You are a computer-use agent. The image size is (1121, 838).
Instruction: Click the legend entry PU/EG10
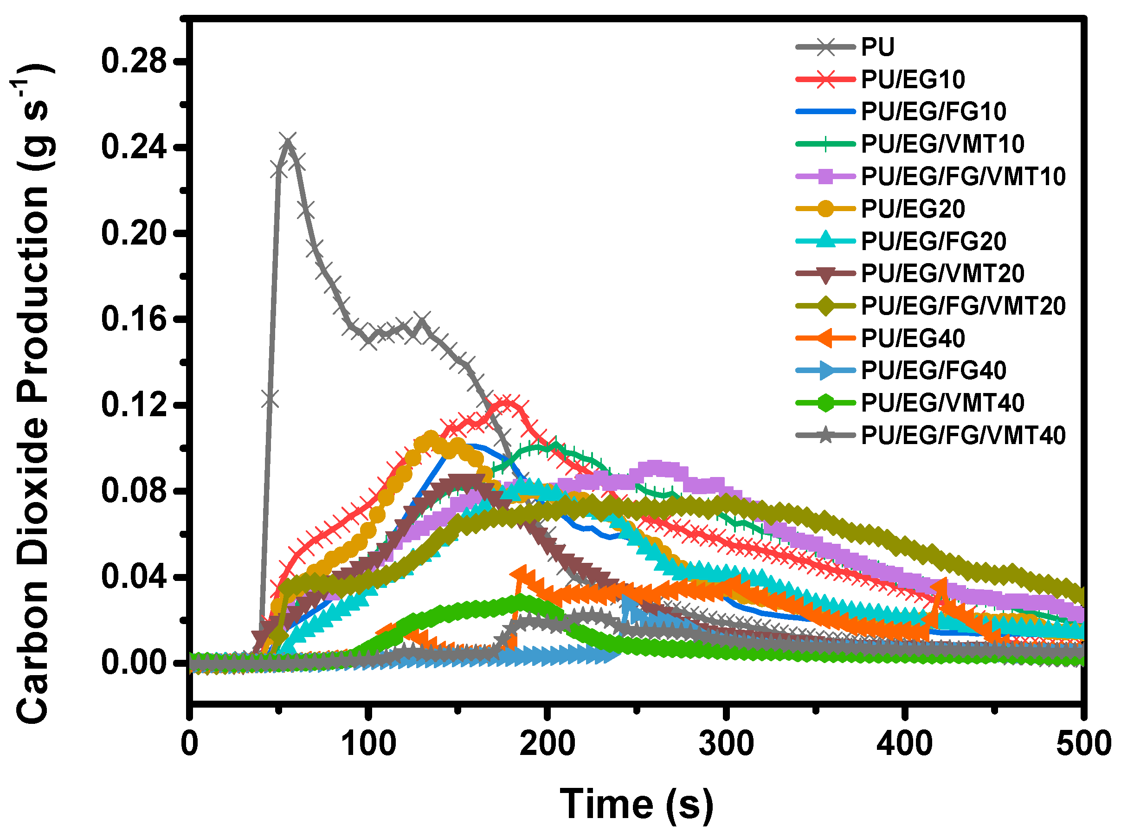click(912, 79)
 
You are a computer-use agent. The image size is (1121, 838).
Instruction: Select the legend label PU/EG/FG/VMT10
click(963, 177)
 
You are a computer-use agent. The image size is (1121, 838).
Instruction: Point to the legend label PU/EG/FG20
click(933, 241)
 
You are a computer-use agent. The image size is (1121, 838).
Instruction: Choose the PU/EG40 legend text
click(912, 338)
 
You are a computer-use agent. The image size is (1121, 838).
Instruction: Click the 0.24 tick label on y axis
click(134, 148)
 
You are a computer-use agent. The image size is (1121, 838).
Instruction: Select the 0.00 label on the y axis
click(134, 663)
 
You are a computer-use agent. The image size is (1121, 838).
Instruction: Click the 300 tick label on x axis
click(726, 744)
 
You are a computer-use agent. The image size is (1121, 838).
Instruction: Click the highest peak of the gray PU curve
click(288, 142)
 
